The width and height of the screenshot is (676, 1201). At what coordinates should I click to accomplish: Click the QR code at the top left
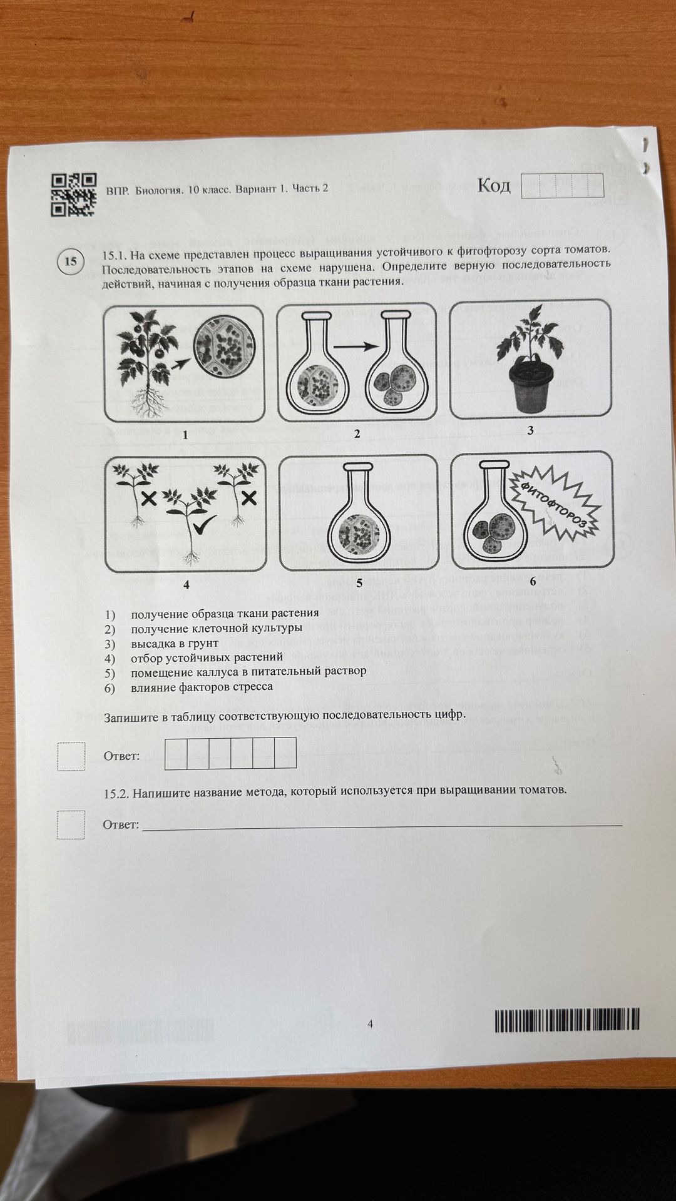pos(74,195)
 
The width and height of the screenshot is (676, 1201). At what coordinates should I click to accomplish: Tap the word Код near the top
pos(494,185)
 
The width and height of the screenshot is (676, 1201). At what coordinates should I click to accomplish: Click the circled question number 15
pos(70,261)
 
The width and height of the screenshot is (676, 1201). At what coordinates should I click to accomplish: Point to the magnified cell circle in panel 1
pos(223,350)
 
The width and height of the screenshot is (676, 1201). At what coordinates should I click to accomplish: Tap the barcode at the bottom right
pos(567,1020)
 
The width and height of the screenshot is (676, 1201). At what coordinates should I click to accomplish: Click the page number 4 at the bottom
pos(370,1024)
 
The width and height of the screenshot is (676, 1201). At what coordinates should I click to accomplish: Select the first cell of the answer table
pos(176,753)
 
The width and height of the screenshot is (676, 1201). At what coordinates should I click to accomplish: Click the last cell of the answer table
pos(285,753)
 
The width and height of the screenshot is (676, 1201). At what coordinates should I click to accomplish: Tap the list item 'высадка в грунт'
pos(175,643)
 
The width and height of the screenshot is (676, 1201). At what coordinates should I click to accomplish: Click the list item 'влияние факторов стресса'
pos(202,686)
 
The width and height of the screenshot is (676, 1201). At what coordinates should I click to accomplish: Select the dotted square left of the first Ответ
pos(71,756)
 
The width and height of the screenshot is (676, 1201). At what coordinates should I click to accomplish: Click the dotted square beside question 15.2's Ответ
pos(71,824)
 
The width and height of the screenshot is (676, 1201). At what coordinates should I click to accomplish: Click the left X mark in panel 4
pos(148,499)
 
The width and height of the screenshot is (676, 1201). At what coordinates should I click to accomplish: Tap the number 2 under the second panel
pos(357,433)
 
